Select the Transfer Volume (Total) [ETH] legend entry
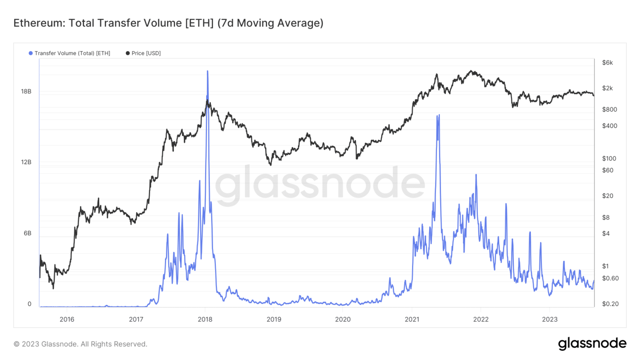pos(70,53)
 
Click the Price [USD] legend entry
pos(143,53)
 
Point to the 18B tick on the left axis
pos(26,91)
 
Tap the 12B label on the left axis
pos(26,162)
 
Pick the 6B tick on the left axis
pos(27,233)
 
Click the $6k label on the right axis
pos(607,63)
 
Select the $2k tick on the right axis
pos(607,88)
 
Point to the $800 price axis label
pos(610,110)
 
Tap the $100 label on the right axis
pos(609,159)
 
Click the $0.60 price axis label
pos(610,278)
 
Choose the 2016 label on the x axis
pos(67,320)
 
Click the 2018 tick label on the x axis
pos(205,320)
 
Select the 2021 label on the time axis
pos(412,320)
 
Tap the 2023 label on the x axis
pos(550,320)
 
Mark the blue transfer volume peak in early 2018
pos(207,72)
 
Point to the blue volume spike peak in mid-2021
pos(439,115)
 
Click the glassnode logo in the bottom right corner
pos(592,343)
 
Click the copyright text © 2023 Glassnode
pos(80,344)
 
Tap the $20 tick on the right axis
pos(608,196)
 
